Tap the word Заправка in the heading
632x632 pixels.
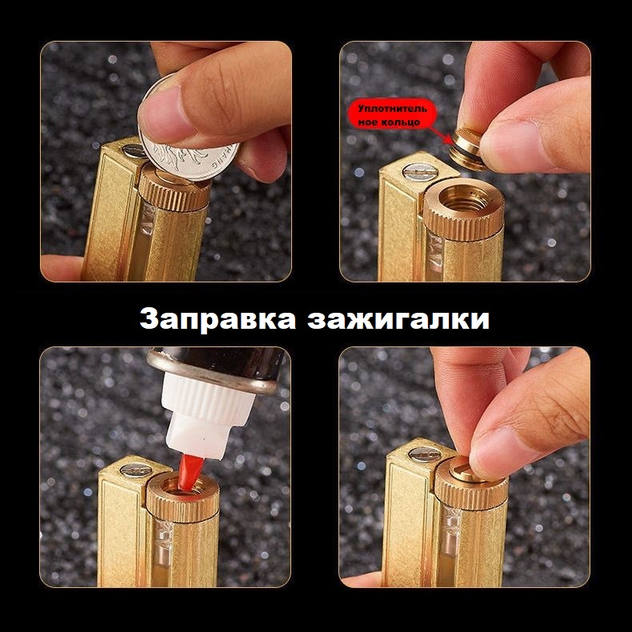[218, 319]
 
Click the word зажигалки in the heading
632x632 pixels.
[398, 319]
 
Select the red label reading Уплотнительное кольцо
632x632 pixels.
[392, 115]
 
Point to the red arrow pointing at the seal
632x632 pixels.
[442, 134]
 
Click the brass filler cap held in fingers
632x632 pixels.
[467, 147]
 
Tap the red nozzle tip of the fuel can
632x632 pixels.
[190, 472]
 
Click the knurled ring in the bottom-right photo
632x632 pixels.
[470, 492]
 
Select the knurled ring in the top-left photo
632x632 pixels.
[174, 194]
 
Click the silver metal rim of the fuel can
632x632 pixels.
[210, 373]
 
